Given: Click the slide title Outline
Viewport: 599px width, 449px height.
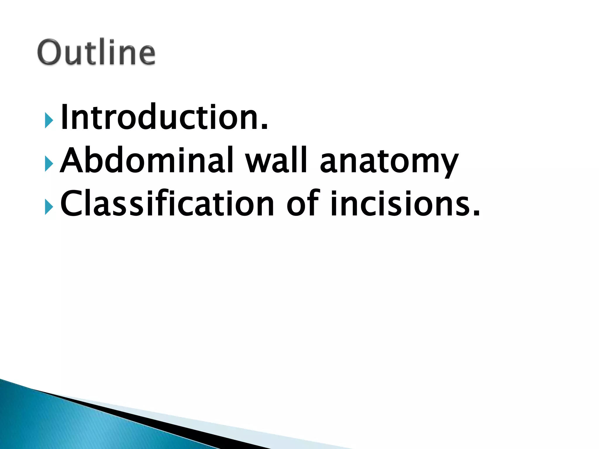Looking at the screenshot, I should click(x=97, y=53).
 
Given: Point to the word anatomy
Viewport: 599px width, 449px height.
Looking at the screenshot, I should click(x=389, y=162).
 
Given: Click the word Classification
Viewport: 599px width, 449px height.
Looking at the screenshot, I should click(x=167, y=203).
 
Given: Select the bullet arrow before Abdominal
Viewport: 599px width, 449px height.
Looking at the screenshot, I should click(x=49, y=163).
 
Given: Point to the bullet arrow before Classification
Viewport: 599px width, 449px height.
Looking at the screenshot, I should click(x=49, y=207).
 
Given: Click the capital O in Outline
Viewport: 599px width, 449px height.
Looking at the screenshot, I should click(x=50, y=53).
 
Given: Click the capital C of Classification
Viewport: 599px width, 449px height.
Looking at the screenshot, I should click(x=73, y=203).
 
